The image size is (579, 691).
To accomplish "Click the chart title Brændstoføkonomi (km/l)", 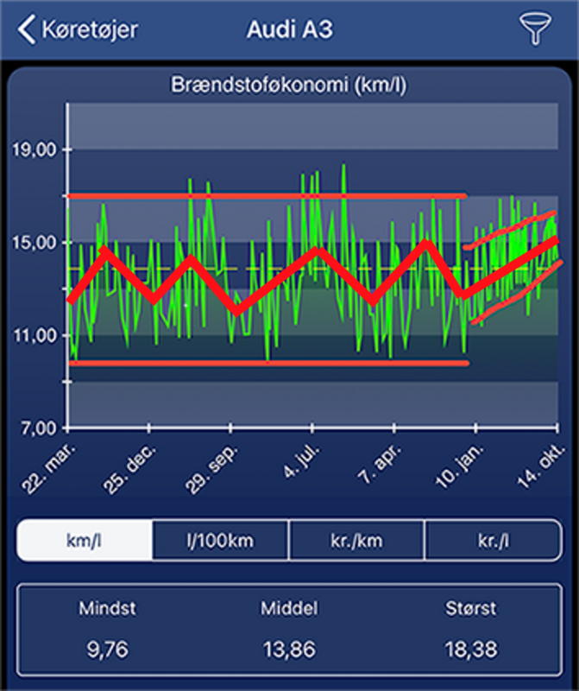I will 290,86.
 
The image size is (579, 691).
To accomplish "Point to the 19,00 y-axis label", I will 34,149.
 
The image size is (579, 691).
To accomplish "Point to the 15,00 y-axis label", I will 34,243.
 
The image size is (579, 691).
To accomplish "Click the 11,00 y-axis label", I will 34,335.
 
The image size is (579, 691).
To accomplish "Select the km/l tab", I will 85,542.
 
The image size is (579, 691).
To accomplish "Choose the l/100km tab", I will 221,542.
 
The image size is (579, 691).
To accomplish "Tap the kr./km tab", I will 357,542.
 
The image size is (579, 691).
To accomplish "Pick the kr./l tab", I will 493,542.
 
